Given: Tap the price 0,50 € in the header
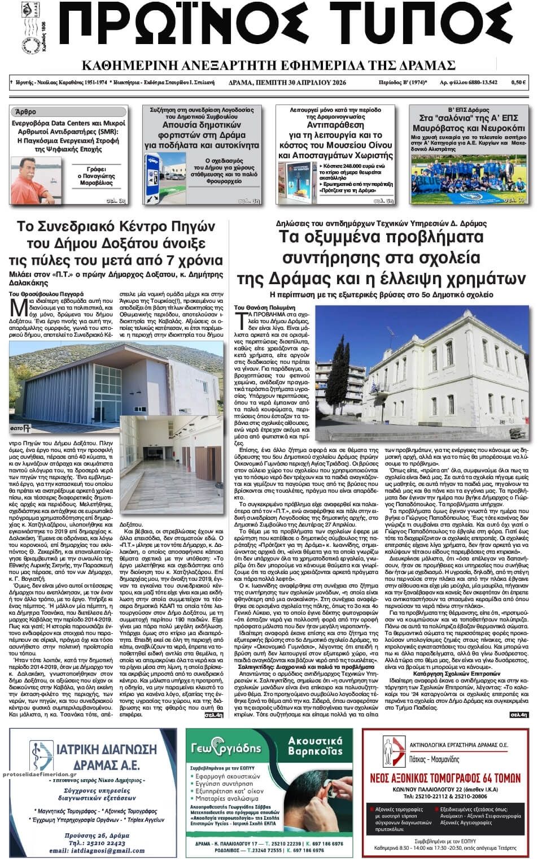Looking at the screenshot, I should point(519,82).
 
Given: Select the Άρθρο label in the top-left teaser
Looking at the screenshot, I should point(24,111).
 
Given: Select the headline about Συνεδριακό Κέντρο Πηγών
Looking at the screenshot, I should point(116,243).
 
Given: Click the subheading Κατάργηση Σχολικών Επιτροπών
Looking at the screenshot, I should point(457,674).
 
